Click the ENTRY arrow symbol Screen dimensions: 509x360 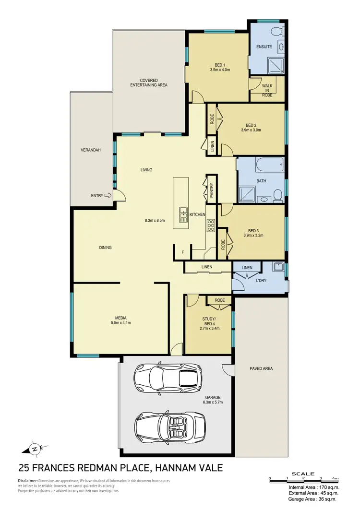(x=108, y=195)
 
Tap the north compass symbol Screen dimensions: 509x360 (x=34, y=450)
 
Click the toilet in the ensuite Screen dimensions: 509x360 (x=276, y=32)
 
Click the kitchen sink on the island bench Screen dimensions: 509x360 (x=183, y=215)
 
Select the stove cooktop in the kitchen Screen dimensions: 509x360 (x=210, y=225)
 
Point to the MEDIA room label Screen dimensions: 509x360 (x=120, y=317)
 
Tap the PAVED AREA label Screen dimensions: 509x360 (x=261, y=368)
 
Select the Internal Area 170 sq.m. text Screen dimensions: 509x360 (x=315, y=487)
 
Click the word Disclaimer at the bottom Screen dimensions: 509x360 (x=28, y=481)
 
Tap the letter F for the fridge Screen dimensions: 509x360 (x=182, y=252)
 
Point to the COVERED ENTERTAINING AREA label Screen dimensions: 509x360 (x=149, y=83)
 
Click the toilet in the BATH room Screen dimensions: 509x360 (x=277, y=194)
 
